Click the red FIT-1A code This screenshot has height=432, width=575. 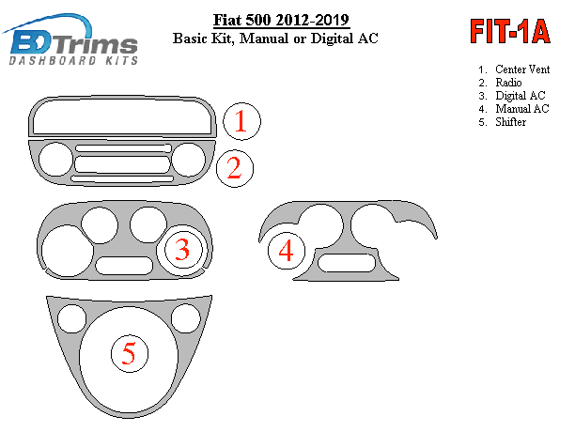click(510, 32)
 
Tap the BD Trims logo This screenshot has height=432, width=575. click(70, 39)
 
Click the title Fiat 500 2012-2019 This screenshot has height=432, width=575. click(281, 20)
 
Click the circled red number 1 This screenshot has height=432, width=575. click(241, 121)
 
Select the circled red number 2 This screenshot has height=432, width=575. click(235, 168)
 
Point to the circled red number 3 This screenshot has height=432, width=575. click(183, 250)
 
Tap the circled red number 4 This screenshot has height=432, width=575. click(287, 251)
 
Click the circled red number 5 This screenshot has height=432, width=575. click(130, 353)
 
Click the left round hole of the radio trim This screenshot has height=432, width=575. click(55, 159)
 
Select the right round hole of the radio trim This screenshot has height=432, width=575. click(188, 159)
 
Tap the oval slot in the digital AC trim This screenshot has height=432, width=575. click(124, 265)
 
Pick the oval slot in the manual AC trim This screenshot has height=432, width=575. click(347, 263)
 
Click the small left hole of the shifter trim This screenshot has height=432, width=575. click(71, 318)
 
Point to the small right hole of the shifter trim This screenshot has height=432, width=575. click(185, 318)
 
